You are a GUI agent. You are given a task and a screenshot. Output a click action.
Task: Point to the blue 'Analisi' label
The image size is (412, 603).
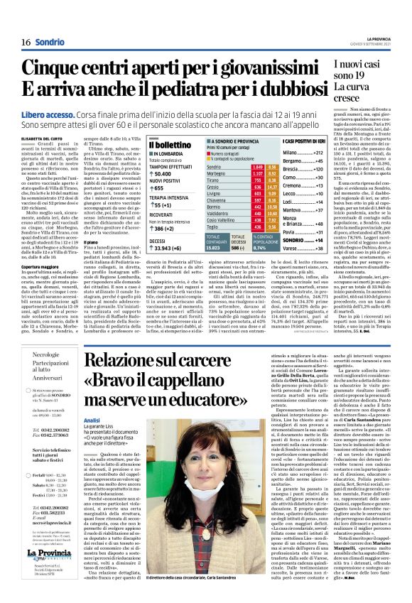92,420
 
